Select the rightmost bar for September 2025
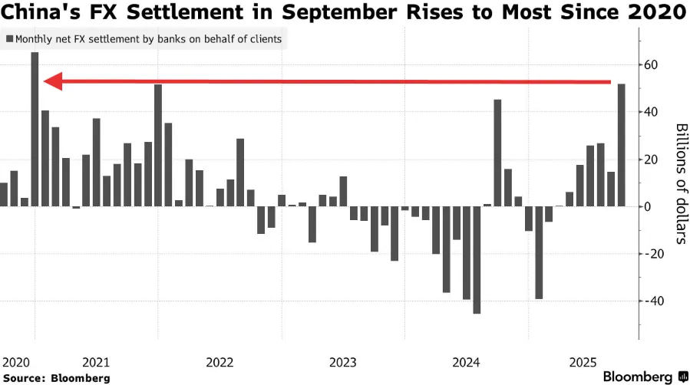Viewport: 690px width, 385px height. tap(621, 145)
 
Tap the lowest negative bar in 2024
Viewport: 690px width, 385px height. tap(477, 260)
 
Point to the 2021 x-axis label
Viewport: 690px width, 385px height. tap(96, 361)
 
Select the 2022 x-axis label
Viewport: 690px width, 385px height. tap(220, 361)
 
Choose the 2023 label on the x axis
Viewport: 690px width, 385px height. tap(343, 361)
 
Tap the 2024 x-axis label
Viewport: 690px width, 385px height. tap(467, 361)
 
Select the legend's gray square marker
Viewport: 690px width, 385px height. tap(9, 38)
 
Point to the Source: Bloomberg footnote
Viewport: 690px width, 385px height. tap(56, 378)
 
